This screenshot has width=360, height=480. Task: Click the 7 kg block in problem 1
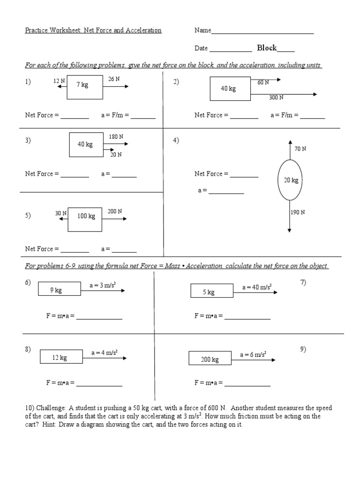pyautogui.click(x=85, y=86)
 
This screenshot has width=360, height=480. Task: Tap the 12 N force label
pyautogui.click(x=59, y=81)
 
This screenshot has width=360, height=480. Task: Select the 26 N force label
pyautogui.click(x=114, y=79)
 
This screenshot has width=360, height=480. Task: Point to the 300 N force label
pyautogui.click(x=276, y=97)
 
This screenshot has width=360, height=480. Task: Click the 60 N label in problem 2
pyautogui.click(x=263, y=82)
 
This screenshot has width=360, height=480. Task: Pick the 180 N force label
pyautogui.click(x=116, y=137)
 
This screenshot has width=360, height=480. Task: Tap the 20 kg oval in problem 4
pyautogui.click(x=291, y=180)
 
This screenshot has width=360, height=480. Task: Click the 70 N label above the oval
pyautogui.click(x=300, y=149)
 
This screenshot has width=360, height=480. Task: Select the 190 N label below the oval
pyautogui.click(x=298, y=212)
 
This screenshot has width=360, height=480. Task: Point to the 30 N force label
pyautogui.click(x=61, y=213)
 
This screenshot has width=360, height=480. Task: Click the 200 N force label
pyautogui.click(x=115, y=211)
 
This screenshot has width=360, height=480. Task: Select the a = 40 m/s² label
pyautogui.click(x=257, y=287)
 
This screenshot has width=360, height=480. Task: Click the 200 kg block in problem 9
pyautogui.click(x=210, y=360)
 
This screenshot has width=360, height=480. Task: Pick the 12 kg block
pyautogui.click(x=60, y=358)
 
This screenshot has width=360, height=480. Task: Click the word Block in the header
pyautogui.click(x=267, y=48)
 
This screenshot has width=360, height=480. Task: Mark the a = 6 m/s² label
pyautogui.click(x=253, y=355)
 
